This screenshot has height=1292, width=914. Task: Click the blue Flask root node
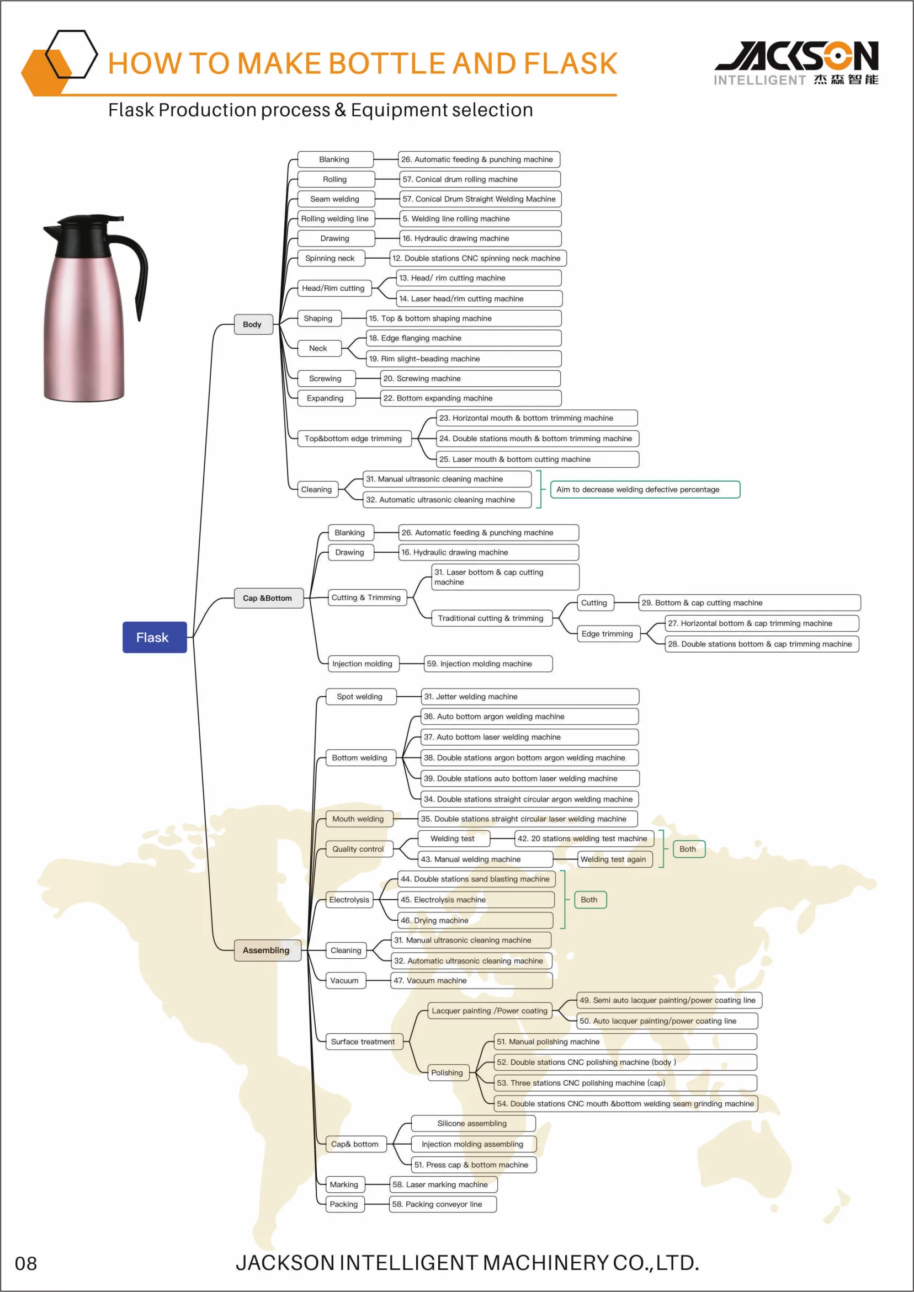[x=155, y=637]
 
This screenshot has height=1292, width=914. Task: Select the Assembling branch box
[x=267, y=950]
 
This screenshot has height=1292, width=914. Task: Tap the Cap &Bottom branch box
[x=268, y=597]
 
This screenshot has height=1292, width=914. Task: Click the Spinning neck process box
[x=330, y=258]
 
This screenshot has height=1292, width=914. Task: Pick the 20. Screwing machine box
[x=470, y=378]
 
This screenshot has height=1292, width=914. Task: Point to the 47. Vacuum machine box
[x=471, y=980]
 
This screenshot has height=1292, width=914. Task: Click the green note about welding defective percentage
[x=644, y=489]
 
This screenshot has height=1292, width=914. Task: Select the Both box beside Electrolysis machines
[x=589, y=899]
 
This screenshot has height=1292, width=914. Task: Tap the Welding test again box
[x=614, y=859]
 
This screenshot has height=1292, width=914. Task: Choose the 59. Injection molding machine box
[x=488, y=664]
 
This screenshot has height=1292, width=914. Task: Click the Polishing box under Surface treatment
[x=447, y=1072]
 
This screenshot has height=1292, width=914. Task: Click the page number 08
[x=26, y=1264]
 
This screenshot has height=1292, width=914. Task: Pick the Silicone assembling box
[x=472, y=1123]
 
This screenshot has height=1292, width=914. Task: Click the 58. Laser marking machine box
[x=443, y=1184]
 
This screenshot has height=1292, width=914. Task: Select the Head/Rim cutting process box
[x=334, y=288]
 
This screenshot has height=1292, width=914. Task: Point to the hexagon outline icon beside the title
[x=72, y=54]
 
